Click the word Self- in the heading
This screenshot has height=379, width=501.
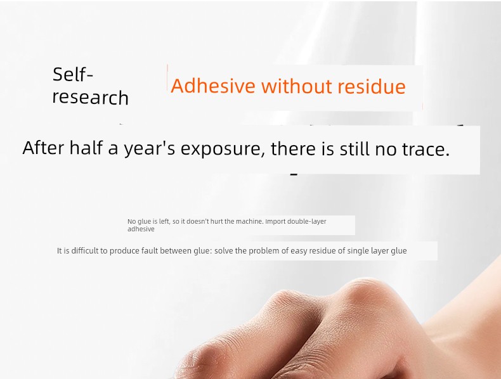point(73,74)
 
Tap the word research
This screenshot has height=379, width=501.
point(91,98)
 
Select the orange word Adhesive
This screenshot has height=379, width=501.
point(213,86)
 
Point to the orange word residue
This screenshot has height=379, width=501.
point(372,86)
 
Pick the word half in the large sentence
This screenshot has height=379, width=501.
point(86,148)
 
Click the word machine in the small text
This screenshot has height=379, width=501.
point(249,221)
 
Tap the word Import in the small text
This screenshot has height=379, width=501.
point(275,222)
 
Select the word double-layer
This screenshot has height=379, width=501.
point(307,222)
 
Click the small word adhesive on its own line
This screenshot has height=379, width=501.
point(141,229)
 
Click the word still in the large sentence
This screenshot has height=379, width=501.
point(355,149)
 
